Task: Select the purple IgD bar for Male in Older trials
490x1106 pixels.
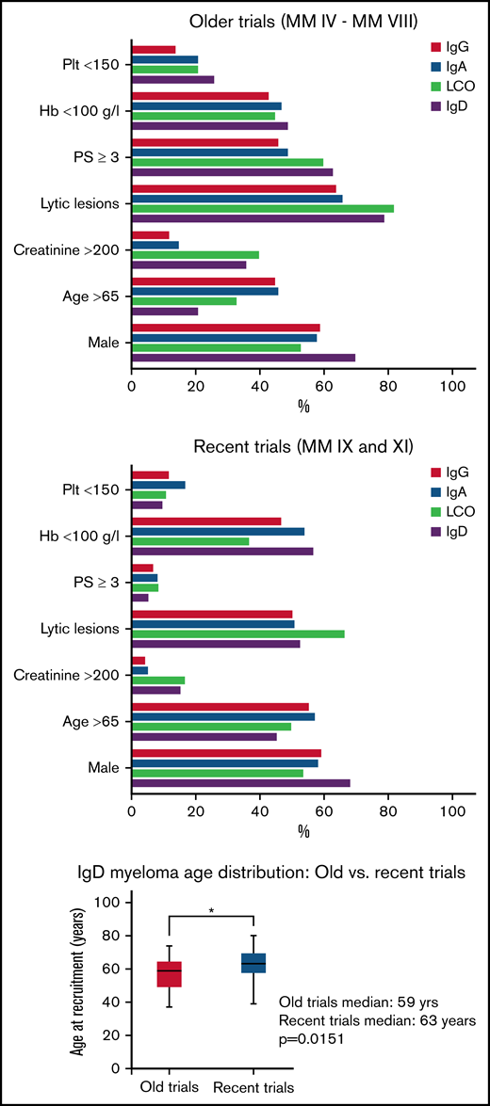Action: [x=243, y=358]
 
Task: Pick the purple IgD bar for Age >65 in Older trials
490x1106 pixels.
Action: [x=165, y=311]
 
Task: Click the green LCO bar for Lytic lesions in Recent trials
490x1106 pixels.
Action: [x=237, y=633]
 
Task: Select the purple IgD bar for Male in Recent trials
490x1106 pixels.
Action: [x=240, y=783]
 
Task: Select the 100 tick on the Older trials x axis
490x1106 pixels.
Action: [x=452, y=386]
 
